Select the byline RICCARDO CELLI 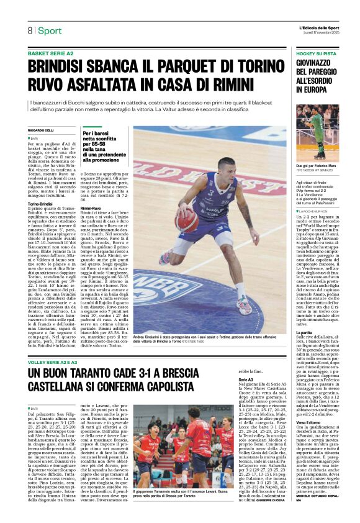(40, 130)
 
